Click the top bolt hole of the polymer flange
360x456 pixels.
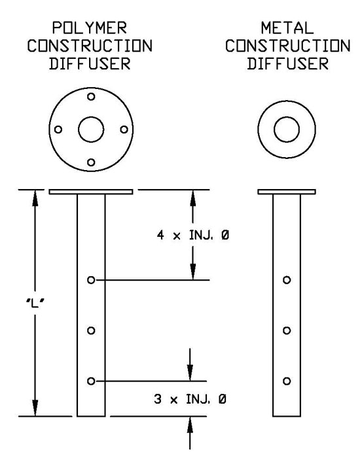click(x=91, y=96)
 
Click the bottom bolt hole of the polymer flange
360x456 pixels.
click(x=91, y=162)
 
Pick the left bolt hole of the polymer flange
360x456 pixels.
click(x=58, y=129)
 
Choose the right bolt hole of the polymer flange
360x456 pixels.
click(x=124, y=129)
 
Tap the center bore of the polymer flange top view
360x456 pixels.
click(x=91, y=129)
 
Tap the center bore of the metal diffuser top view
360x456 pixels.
click(x=287, y=129)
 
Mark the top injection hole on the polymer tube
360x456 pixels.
click(x=91, y=280)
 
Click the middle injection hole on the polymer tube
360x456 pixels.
click(x=91, y=330)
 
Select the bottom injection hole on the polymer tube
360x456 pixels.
click(x=91, y=381)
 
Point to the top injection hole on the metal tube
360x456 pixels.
click(x=287, y=280)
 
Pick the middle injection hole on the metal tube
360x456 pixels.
click(x=287, y=330)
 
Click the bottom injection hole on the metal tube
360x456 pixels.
click(x=287, y=381)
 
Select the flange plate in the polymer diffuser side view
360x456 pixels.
click(x=91, y=192)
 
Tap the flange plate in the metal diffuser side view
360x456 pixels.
click(x=287, y=192)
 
